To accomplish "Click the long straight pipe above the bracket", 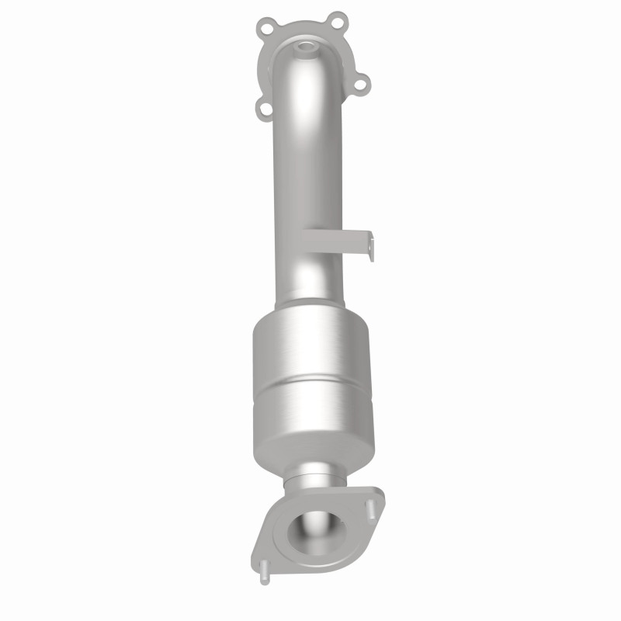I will [299, 155].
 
